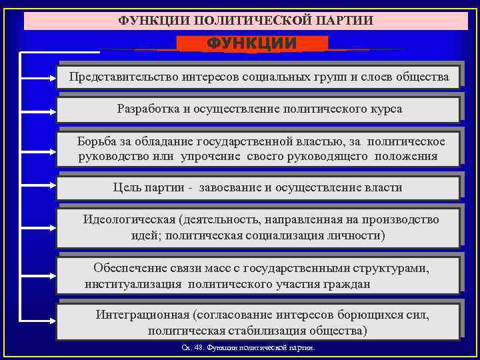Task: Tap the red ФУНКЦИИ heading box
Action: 252,44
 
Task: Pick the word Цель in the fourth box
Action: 127,187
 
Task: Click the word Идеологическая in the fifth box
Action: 129,219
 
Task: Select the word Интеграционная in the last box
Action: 142,313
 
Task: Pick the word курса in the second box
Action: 386,109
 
